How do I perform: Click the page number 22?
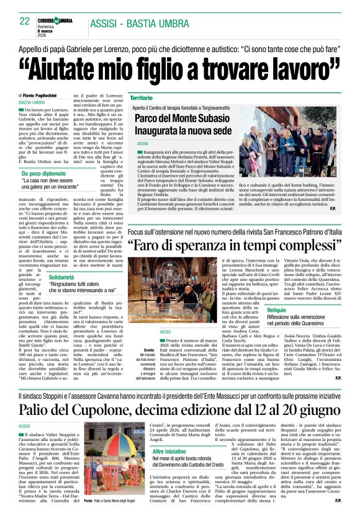click(x=25, y=22)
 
